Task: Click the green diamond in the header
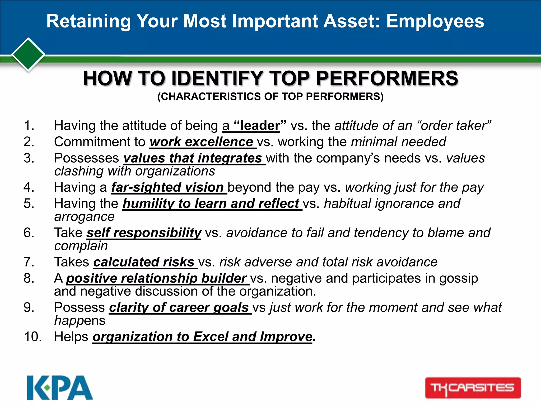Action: (x=28, y=54)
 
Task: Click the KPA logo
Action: (x=60, y=387)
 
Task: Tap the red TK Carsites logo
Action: (x=473, y=388)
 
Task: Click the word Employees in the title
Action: (x=435, y=21)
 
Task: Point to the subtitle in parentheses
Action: (x=270, y=96)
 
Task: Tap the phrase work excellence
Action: (x=202, y=142)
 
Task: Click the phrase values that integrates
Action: (x=193, y=158)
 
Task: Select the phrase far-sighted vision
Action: (x=167, y=187)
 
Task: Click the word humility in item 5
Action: (x=148, y=204)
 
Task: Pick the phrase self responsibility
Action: (x=144, y=233)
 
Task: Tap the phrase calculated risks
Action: (x=144, y=262)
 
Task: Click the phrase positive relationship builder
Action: (x=156, y=278)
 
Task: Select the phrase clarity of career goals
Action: (x=179, y=308)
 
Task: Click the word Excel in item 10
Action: (x=211, y=337)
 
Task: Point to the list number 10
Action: (x=32, y=337)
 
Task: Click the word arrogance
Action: (x=84, y=217)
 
